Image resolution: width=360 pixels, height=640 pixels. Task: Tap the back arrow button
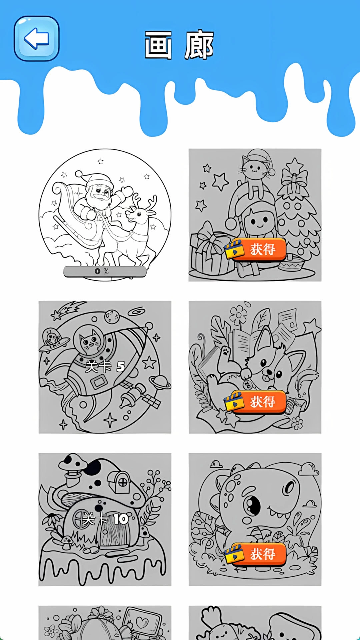[37, 39]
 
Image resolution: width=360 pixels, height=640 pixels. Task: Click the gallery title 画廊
[179, 45]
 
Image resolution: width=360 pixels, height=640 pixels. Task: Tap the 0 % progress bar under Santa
[105, 271]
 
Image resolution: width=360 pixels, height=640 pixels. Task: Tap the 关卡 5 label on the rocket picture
[105, 367]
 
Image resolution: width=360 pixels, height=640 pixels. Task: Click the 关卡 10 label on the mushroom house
[105, 519]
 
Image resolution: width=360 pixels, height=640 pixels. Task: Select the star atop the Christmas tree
[294, 165]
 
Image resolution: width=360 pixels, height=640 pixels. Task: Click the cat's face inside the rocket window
[89, 342]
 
